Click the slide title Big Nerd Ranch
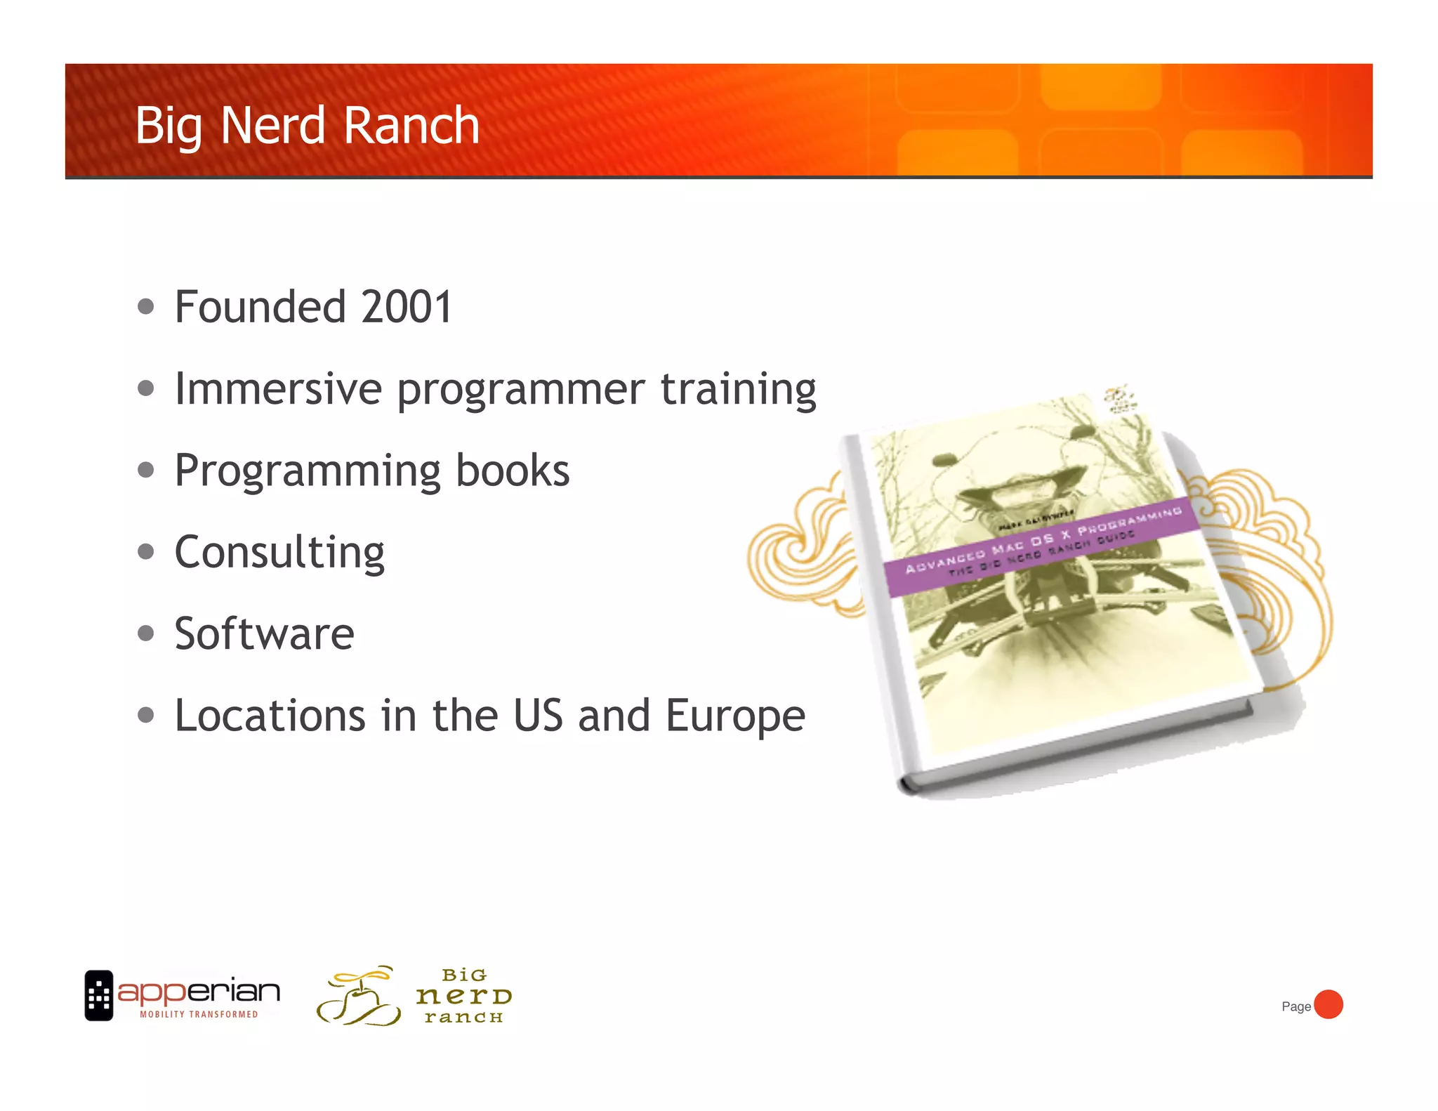[x=307, y=126]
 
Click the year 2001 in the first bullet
[x=407, y=307]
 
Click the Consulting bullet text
[x=279, y=553]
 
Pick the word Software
[x=265, y=633]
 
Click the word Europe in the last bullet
[x=735, y=716]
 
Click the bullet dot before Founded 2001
[x=146, y=307]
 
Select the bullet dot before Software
[x=146, y=633]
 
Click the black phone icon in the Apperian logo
[x=99, y=995]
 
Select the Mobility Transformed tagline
[x=199, y=1014]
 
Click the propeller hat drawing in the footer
[x=359, y=996]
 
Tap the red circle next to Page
[x=1328, y=1004]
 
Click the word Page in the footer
[x=1295, y=1006]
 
